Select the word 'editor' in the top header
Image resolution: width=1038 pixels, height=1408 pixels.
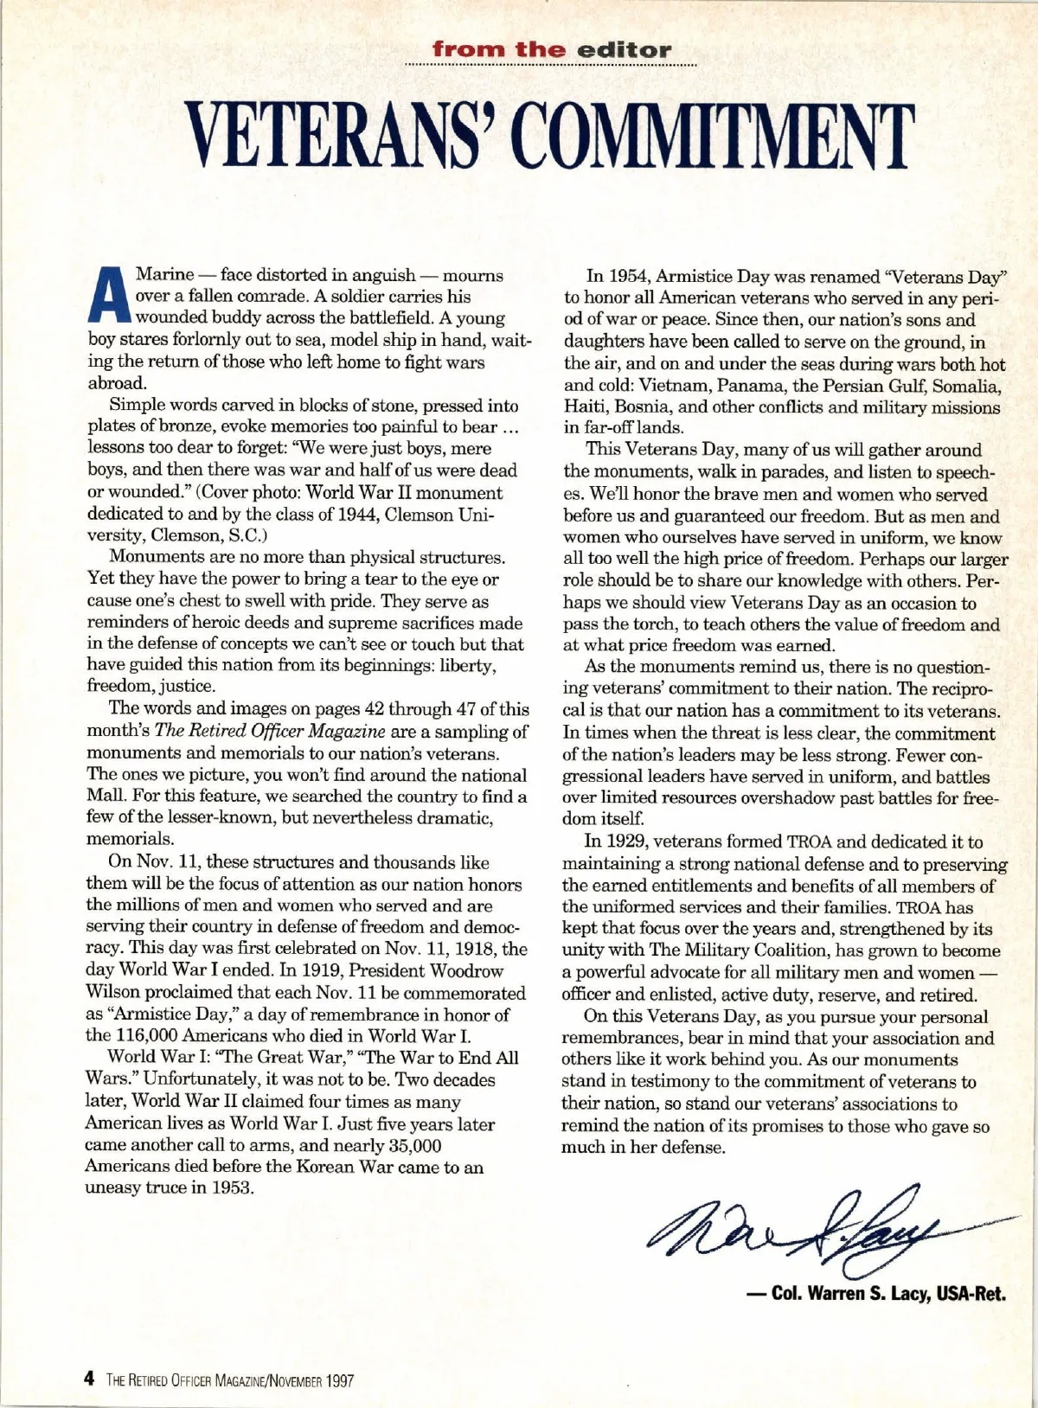tap(625, 49)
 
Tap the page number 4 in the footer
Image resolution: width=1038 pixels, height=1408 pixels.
tap(89, 1380)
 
